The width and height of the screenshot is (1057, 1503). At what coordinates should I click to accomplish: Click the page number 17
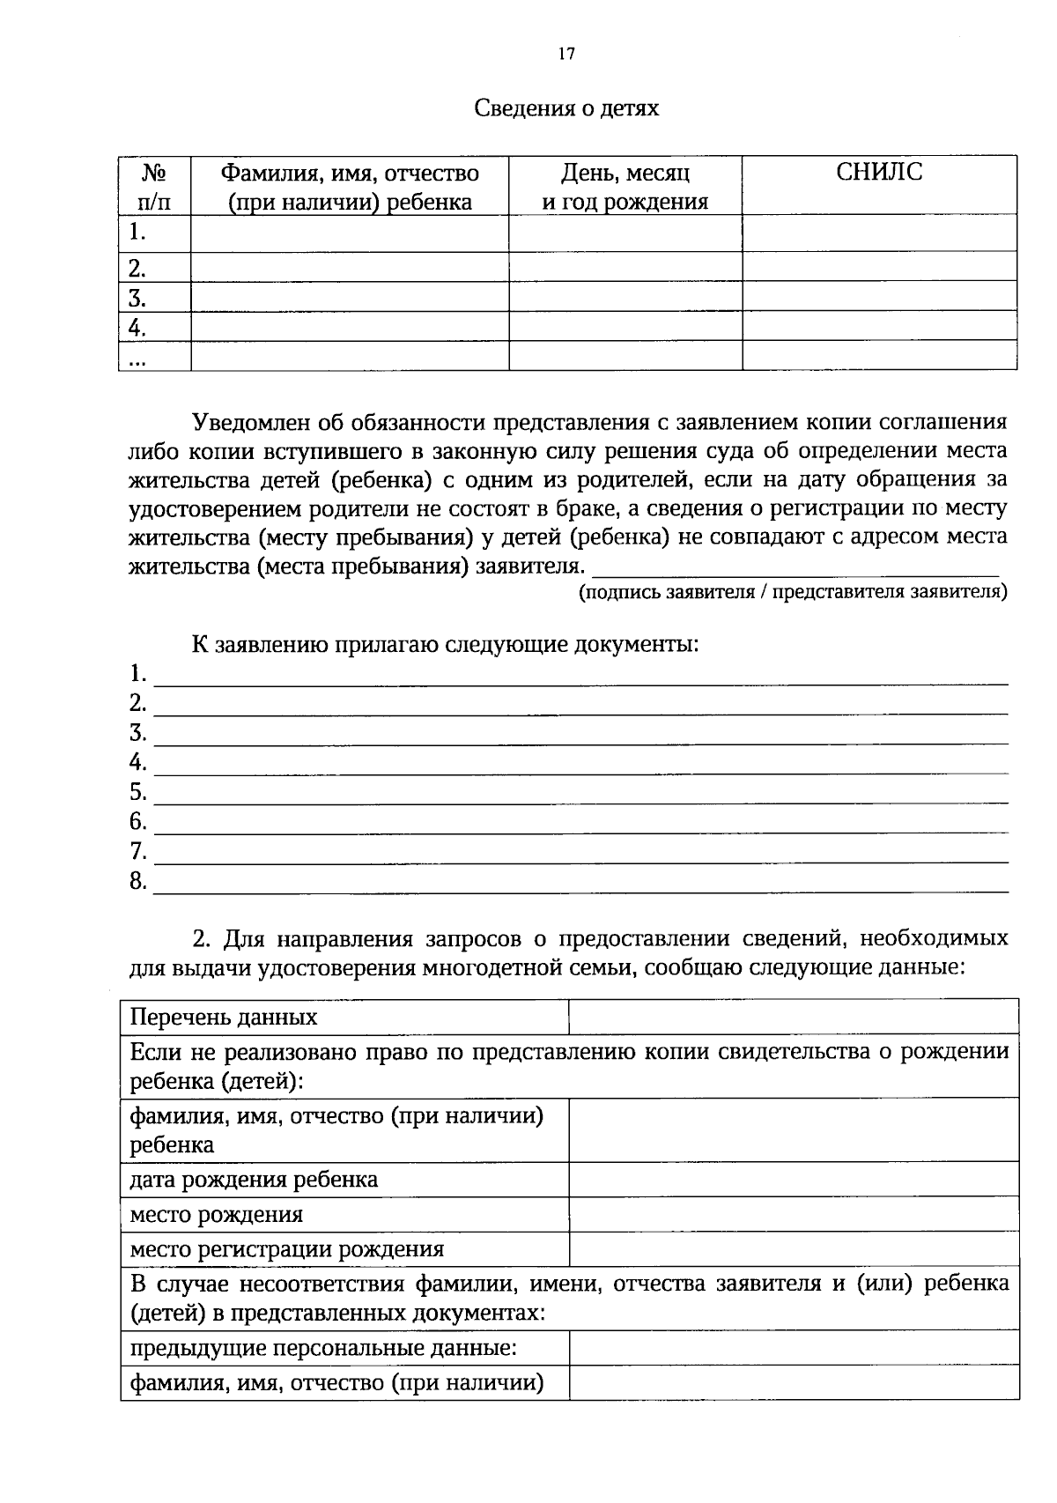pyautogui.click(x=566, y=54)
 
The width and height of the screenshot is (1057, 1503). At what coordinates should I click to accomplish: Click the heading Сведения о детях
pyautogui.click(x=566, y=108)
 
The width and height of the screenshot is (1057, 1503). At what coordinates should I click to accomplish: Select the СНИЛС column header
pyautogui.click(x=879, y=173)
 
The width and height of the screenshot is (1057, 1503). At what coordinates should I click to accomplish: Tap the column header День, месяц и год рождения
pyautogui.click(x=625, y=187)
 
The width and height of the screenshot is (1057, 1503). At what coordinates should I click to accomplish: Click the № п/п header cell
pyautogui.click(x=154, y=187)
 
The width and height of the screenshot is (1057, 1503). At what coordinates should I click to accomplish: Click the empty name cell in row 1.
pyautogui.click(x=350, y=233)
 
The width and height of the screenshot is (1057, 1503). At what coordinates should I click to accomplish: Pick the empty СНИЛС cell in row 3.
pyautogui.click(x=879, y=296)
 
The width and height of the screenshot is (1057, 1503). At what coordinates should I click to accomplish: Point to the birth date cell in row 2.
pyautogui.click(x=625, y=267)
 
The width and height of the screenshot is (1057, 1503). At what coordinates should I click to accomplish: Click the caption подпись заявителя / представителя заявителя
pyautogui.click(x=792, y=592)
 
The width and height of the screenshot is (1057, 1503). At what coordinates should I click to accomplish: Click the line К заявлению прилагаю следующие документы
pyautogui.click(x=445, y=644)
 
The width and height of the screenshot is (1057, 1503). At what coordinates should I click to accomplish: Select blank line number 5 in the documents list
pyautogui.click(x=581, y=794)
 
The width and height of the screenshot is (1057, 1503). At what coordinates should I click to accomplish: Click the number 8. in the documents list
pyautogui.click(x=138, y=881)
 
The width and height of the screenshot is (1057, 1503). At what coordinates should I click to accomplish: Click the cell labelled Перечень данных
pyautogui.click(x=224, y=1018)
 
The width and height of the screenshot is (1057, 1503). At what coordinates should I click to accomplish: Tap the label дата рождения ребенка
pyautogui.click(x=254, y=1180)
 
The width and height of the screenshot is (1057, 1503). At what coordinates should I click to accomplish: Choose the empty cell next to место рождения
pyautogui.click(x=793, y=1215)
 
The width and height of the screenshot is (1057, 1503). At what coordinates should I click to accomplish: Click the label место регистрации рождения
pyautogui.click(x=287, y=1249)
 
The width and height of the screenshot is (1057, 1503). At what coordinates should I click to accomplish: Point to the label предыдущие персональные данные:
pyautogui.click(x=323, y=1348)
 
